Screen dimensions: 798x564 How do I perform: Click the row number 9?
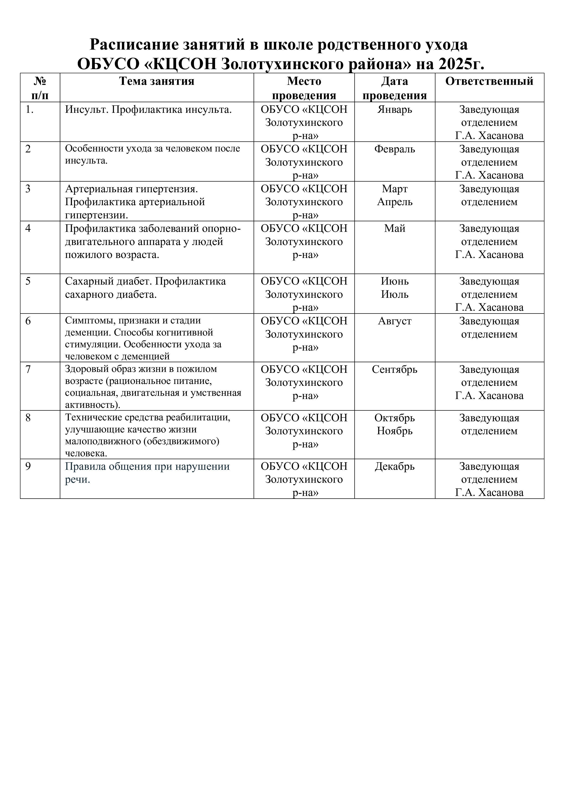[x=28, y=466]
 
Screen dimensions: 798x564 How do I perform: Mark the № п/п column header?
[x=40, y=88]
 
